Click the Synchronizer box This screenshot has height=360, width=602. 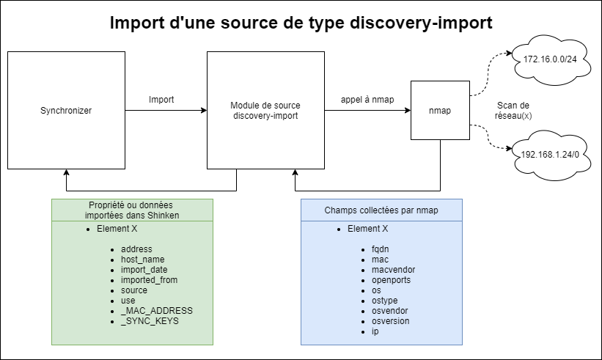pyautogui.click(x=66, y=111)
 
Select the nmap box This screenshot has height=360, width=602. pyautogui.click(x=439, y=111)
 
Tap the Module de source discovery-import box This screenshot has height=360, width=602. pyautogui.click(x=265, y=111)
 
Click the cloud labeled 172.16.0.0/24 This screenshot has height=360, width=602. pyautogui.click(x=545, y=58)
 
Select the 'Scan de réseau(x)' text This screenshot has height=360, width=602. pyautogui.click(x=513, y=111)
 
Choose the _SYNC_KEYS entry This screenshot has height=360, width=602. pyautogui.click(x=150, y=321)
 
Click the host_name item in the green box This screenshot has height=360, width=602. pyautogui.click(x=142, y=260)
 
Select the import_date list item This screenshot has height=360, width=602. pyautogui.click(x=144, y=270)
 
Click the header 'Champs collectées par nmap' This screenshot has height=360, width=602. pyautogui.click(x=381, y=210)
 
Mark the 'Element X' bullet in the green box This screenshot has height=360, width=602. pyautogui.click(x=117, y=229)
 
